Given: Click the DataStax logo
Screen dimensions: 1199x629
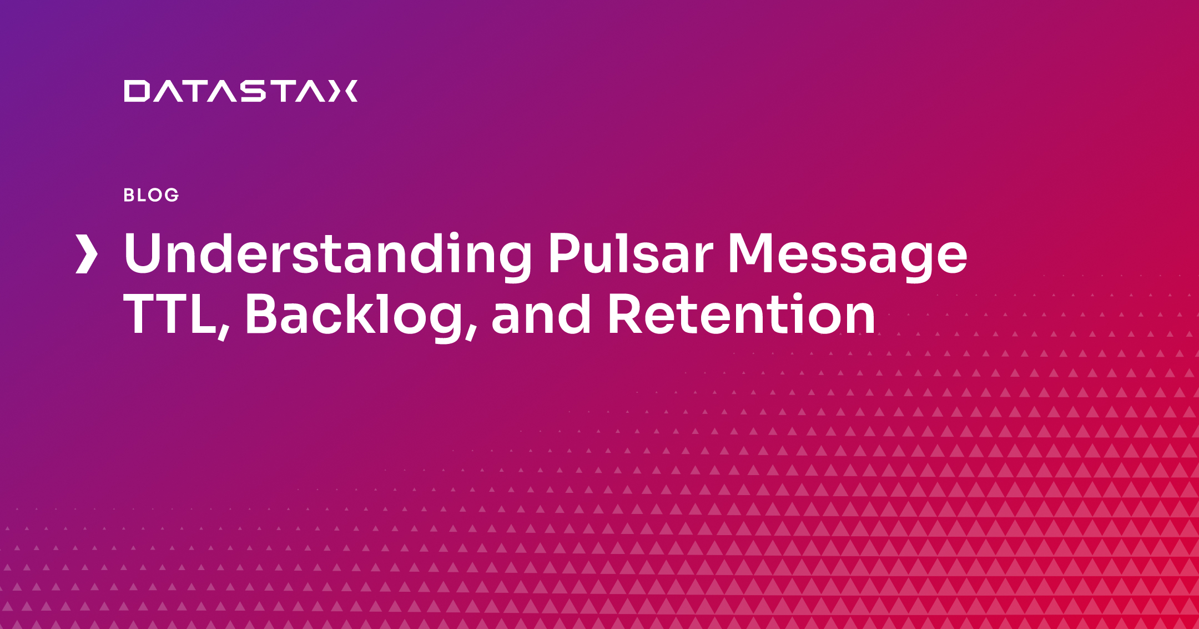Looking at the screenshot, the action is point(241,91).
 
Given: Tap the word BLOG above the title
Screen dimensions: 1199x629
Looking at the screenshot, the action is point(151,195).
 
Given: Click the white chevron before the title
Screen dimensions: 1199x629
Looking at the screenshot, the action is point(87,254).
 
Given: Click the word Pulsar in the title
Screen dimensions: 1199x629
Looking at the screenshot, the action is point(631,253).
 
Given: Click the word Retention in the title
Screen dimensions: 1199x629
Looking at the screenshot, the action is point(742,314).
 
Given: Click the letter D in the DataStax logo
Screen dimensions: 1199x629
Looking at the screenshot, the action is point(137,91).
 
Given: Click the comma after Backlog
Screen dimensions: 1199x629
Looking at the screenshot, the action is point(471,332).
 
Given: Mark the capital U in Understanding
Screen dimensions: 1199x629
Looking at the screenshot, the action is point(143,253).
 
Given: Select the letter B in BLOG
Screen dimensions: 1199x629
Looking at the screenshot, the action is point(129,195).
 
